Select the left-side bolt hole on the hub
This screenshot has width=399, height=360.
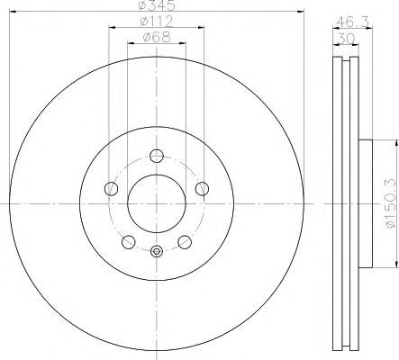click(112, 188)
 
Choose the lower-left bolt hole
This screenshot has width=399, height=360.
click(129, 241)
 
